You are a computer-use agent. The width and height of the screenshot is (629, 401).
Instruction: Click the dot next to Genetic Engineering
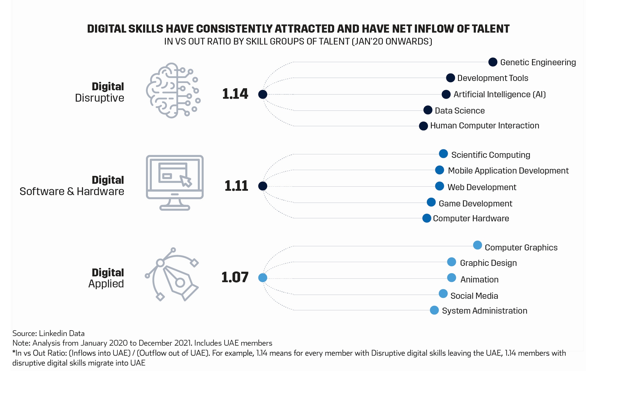(x=493, y=62)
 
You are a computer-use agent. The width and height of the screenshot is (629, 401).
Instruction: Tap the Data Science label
(x=460, y=111)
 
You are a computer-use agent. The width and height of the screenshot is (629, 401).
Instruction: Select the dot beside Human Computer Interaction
(x=423, y=126)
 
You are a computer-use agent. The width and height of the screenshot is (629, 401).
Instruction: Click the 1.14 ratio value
(x=235, y=94)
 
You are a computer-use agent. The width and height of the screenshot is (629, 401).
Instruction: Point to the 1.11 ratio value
(x=236, y=186)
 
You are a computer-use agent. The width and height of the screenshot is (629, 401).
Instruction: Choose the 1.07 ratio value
(x=235, y=277)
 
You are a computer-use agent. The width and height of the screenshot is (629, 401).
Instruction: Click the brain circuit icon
(x=173, y=91)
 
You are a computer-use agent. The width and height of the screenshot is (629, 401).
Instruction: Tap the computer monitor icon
(x=175, y=183)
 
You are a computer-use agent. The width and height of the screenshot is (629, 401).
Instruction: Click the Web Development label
(x=482, y=187)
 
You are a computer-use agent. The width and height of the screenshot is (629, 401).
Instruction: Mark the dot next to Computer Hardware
(x=427, y=218)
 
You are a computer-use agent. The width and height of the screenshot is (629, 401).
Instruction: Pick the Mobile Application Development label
(x=508, y=171)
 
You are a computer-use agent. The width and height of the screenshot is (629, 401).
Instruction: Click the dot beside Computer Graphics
(x=478, y=245)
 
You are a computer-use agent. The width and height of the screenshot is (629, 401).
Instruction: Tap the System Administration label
(x=484, y=311)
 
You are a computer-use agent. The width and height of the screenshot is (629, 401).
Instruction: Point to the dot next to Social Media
(x=443, y=294)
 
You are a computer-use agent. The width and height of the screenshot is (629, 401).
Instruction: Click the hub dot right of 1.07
(x=263, y=278)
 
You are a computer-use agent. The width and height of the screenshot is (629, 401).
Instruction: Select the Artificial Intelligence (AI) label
(x=500, y=94)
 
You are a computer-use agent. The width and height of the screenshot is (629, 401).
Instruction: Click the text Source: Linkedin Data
(x=48, y=333)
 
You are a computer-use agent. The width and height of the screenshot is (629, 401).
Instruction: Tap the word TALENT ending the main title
(x=491, y=29)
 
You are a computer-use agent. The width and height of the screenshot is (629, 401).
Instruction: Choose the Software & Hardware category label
(x=72, y=191)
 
